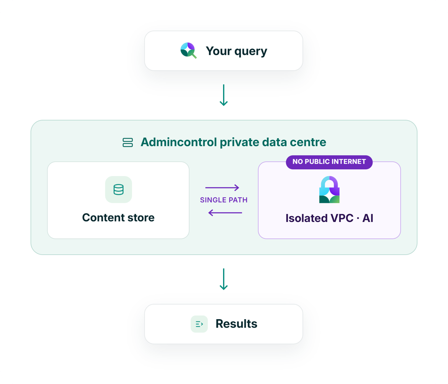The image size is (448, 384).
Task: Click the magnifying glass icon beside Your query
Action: [188, 50]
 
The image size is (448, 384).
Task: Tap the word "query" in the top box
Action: [251, 52]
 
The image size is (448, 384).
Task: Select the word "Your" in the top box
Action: [218, 51]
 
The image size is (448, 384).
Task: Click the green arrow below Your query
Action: [224, 95]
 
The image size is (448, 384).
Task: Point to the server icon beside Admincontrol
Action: [128, 142]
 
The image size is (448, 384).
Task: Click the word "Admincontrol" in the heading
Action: [179, 142]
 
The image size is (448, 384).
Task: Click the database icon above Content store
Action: [119, 189]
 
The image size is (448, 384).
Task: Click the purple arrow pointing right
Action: [222, 188]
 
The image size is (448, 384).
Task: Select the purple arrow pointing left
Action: [225, 213]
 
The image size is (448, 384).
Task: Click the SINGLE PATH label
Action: [224, 200]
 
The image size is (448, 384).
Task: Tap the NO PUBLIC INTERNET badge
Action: [329, 162]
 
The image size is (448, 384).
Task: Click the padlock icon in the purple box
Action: [329, 189]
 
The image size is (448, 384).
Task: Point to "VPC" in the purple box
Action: [342, 218]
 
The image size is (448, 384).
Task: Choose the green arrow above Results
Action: [224, 279]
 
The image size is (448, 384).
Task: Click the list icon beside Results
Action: [199, 324]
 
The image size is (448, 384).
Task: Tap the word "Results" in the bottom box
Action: [236, 324]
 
